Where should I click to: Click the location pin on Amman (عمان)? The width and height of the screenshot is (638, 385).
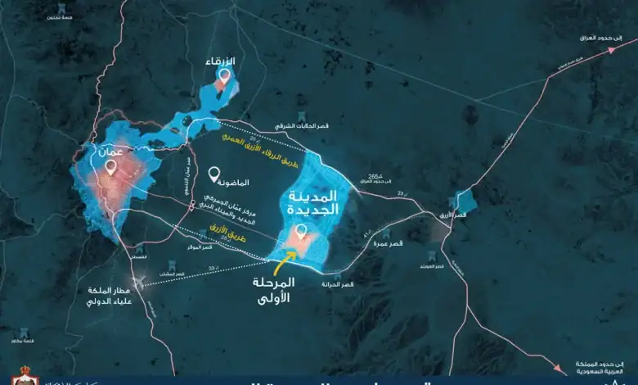(x=111, y=168)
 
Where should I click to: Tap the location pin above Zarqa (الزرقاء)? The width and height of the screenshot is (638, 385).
(x=223, y=76)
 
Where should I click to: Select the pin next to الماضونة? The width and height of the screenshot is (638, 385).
(x=214, y=174)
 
